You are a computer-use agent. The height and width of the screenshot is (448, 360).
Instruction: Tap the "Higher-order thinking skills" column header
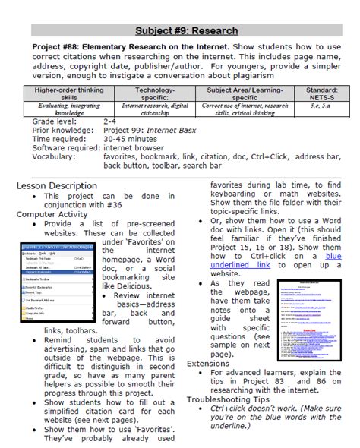click(68, 93)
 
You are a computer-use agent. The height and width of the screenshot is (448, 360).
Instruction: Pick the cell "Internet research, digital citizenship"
click(154, 111)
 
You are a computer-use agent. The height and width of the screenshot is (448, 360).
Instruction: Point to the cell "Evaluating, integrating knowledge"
click(68, 111)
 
